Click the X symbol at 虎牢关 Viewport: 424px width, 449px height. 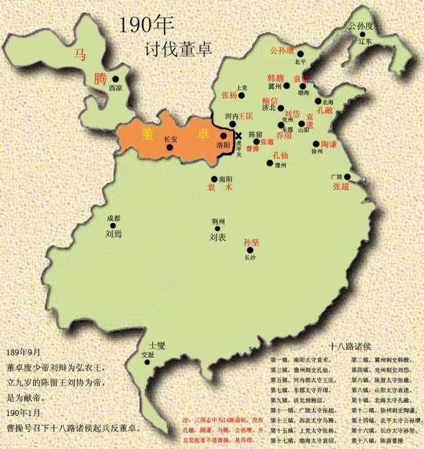239,136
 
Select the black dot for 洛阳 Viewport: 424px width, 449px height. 223,136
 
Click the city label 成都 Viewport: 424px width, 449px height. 114,218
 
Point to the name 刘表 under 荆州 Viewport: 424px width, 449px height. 217,238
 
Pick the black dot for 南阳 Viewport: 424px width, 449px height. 214,178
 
